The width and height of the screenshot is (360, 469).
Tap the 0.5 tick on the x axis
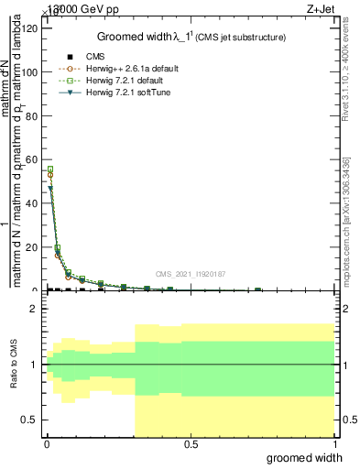pos(191,444)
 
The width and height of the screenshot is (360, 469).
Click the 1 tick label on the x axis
pos(334,444)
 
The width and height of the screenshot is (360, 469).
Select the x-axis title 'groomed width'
pos(310,457)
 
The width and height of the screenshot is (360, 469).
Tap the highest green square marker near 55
pos(49,169)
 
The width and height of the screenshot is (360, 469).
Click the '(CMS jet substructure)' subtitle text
pos(240,38)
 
